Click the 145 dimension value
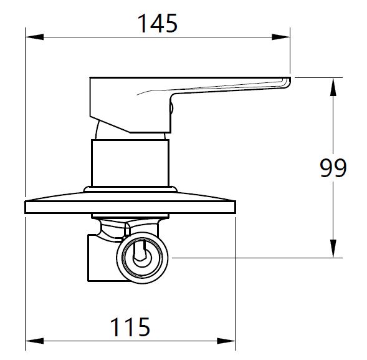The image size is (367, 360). pyautogui.click(x=158, y=24)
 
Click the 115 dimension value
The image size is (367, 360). pyautogui.click(x=130, y=327)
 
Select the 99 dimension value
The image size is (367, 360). pyautogui.click(x=333, y=168)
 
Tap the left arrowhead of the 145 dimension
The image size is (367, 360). pyautogui.click(x=34, y=37)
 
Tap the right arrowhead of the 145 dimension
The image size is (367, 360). pyautogui.click(x=281, y=37)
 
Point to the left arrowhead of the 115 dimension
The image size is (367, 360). pyautogui.click(x=34, y=341)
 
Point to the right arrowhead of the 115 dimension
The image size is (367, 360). pyautogui.click(x=226, y=341)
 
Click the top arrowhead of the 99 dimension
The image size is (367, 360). pyautogui.click(x=333, y=87)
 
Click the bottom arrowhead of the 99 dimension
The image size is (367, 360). pyautogui.click(x=333, y=249)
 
